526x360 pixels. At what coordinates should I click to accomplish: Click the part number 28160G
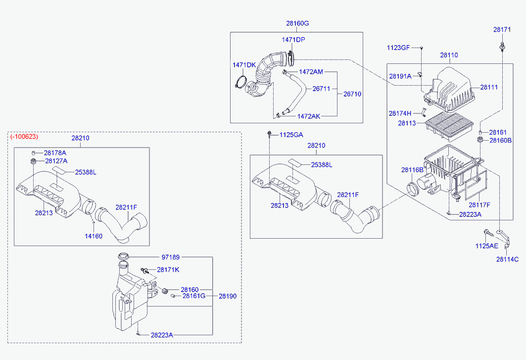pos(297,23)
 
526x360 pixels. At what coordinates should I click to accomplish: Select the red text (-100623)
pos(24,136)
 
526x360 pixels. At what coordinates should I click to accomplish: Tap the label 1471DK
pos(244,65)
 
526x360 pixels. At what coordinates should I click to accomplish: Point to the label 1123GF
pos(398,48)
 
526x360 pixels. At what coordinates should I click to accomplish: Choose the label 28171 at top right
pos(502,30)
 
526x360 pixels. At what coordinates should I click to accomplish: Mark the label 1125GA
pos(291,135)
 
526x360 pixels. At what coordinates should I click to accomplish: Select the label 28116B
pos(412,170)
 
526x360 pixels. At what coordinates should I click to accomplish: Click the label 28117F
pos(479,205)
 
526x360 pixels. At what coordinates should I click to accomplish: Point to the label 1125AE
pos(487,246)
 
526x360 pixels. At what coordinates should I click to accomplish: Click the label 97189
pos(171,257)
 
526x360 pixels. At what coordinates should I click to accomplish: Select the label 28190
pos(228,296)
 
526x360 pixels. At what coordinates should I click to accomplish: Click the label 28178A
pos(55,153)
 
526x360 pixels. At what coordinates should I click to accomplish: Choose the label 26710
pos(352,94)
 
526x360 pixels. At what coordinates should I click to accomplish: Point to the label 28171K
pos(168,270)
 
